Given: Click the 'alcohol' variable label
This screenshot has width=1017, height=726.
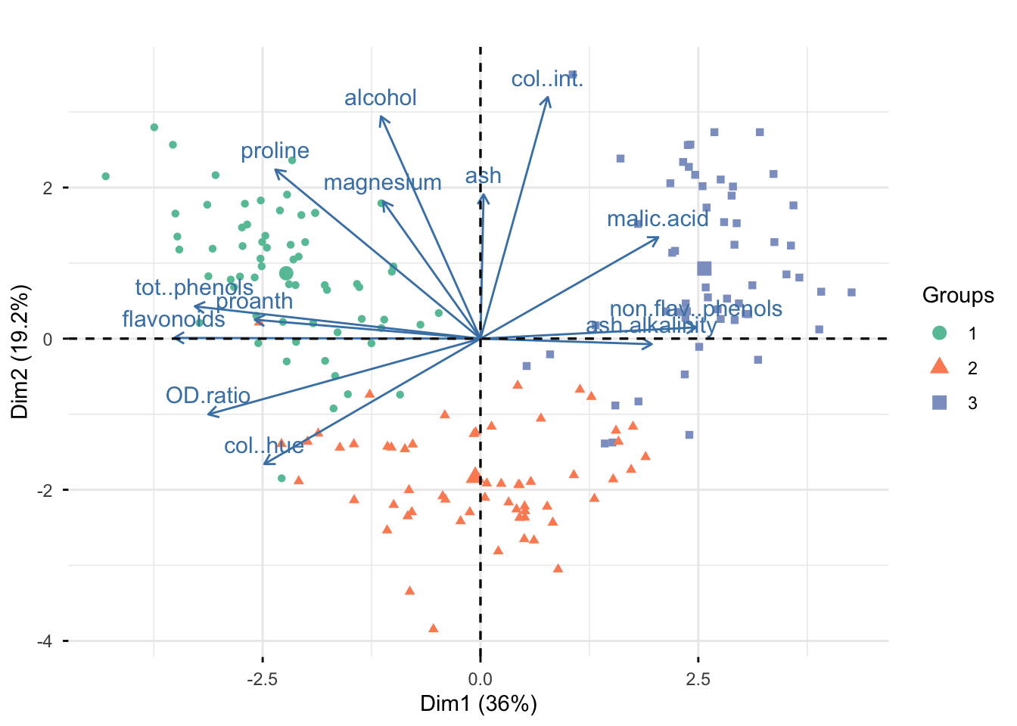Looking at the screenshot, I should (x=381, y=98).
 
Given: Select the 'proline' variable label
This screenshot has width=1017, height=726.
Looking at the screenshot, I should (x=275, y=151).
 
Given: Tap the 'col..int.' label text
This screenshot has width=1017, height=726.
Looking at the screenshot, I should (x=547, y=79).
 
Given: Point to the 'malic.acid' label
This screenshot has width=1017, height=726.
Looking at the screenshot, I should (x=658, y=219).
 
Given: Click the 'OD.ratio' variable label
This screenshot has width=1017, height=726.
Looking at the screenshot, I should (x=208, y=396).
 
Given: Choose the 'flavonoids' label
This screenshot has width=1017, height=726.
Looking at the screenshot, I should (x=173, y=319).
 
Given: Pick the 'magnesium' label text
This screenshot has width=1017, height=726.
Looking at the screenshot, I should (x=382, y=183).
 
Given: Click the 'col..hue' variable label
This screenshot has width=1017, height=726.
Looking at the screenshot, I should (x=264, y=446).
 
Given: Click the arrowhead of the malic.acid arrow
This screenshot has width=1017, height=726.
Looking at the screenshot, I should (x=658, y=237).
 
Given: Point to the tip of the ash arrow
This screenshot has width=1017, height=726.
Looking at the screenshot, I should (x=482, y=194).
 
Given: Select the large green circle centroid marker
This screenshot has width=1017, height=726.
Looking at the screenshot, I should (x=286, y=273).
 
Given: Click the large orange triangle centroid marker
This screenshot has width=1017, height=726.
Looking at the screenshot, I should (x=474, y=475).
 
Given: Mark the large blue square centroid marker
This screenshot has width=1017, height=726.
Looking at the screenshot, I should (x=704, y=268).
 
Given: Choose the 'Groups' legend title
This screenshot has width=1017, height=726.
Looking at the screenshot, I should (x=958, y=296).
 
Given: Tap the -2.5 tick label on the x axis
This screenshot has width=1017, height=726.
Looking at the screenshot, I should (x=263, y=679).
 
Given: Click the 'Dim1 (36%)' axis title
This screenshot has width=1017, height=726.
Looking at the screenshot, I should (x=478, y=704).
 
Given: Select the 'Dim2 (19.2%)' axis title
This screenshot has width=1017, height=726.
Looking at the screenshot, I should (x=20, y=352).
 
